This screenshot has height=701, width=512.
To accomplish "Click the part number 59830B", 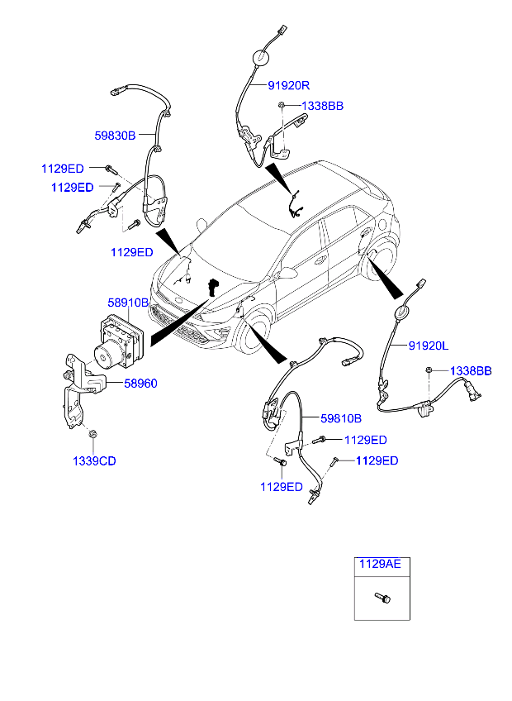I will coord(114,136).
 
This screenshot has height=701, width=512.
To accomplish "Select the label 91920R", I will coord(288,86).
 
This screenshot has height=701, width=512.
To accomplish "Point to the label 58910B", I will coord(128,303).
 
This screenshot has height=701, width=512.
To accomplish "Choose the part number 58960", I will coord(140,384).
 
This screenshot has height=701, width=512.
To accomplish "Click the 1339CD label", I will coord(95,460).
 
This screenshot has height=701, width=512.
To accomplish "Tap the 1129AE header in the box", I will coord(379,565).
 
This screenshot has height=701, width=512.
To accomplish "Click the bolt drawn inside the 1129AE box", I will coord(382,596).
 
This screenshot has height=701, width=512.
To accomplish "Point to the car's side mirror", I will coord(288,273).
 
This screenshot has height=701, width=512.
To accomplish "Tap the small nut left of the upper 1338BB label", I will coord(282,105).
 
